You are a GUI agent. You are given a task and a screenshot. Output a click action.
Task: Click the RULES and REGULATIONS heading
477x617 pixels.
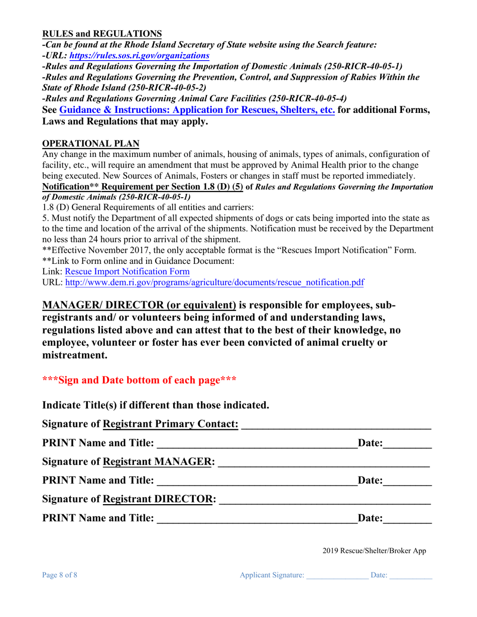pos(102,34)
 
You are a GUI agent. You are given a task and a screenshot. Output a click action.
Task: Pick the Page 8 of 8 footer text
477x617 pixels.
pos(60,576)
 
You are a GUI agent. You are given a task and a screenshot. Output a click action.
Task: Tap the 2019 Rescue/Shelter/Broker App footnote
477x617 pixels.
pos(374,551)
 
